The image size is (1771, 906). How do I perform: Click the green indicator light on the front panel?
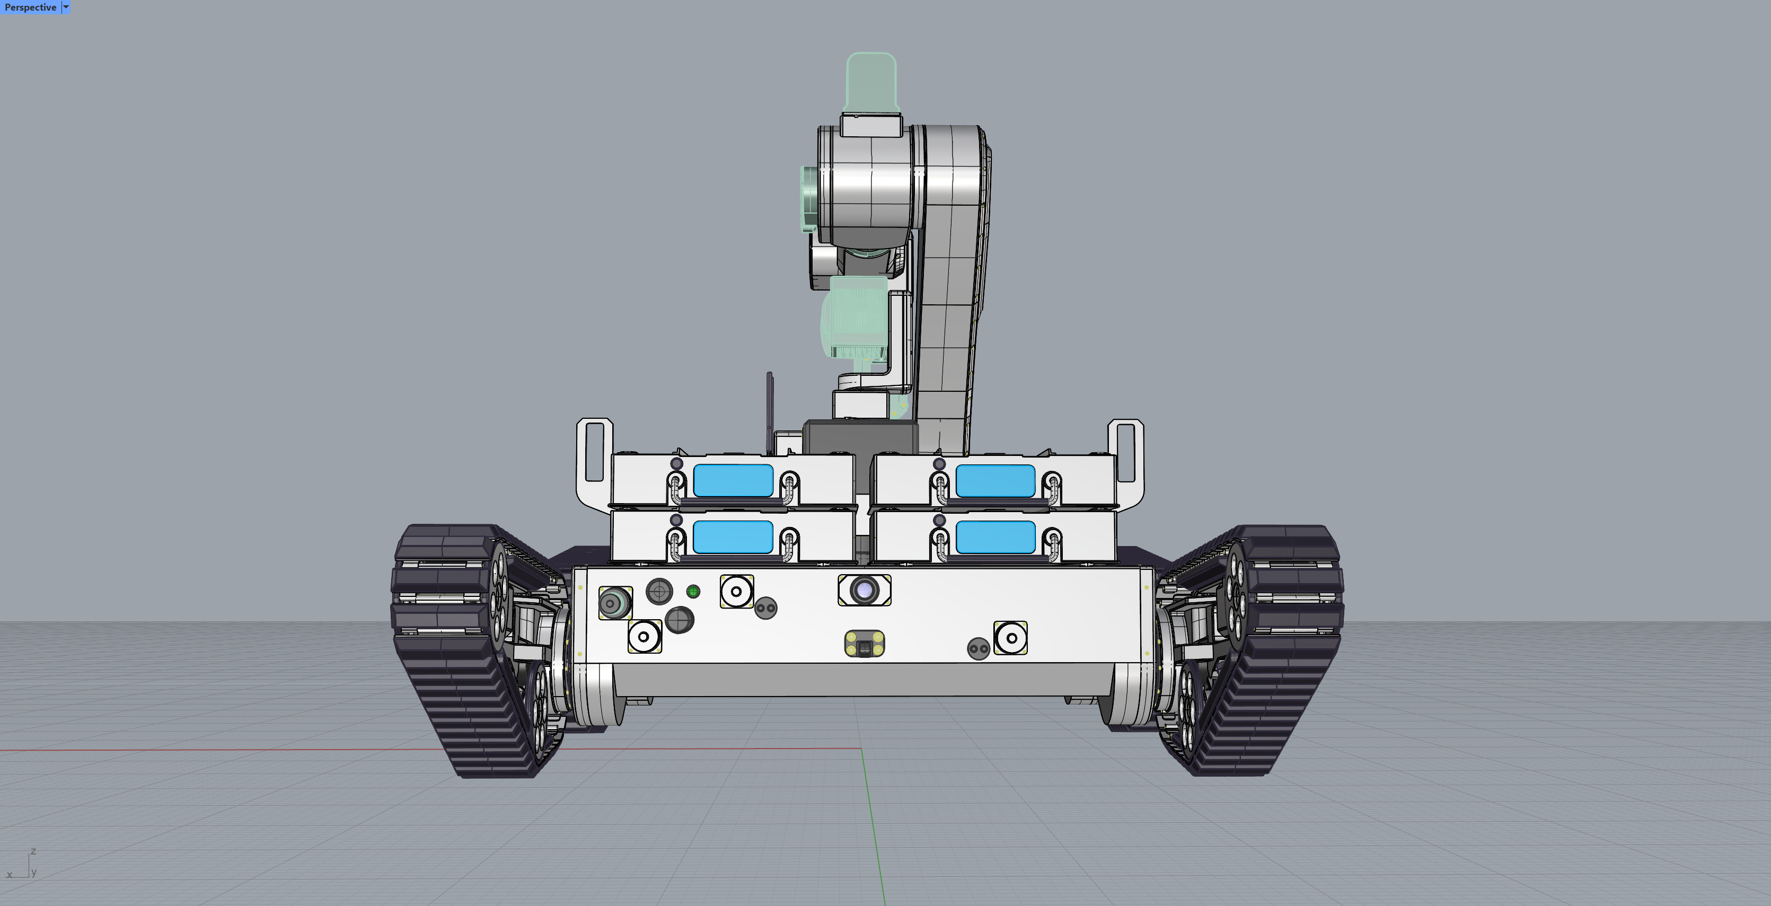pyautogui.click(x=693, y=591)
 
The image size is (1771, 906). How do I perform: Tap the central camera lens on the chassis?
pyautogui.click(x=864, y=590)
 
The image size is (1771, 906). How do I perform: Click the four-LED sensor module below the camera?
pyautogui.click(x=864, y=644)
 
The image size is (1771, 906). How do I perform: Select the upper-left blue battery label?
pyautogui.click(x=733, y=480)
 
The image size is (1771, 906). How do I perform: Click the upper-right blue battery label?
pyautogui.click(x=995, y=480)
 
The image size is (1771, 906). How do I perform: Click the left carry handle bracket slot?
pyautogui.click(x=594, y=452)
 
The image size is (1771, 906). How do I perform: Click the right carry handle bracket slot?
pyautogui.click(x=1125, y=452)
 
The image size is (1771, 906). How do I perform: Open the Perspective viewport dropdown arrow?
pyautogui.click(x=66, y=7)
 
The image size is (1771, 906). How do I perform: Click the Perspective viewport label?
pyautogui.click(x=30, y=7)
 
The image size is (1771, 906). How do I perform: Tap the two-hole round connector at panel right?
pyautogui.click(x=979, y=648)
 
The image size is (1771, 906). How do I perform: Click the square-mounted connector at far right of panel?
pyautogui.click(x=1011, y=638)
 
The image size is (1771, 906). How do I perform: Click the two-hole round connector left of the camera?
pyautogui.click(x=765, y=608)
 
